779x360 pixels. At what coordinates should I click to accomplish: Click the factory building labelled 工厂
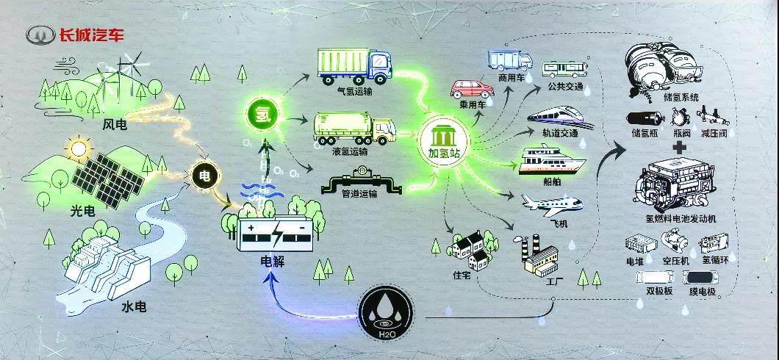(x=538, y=256)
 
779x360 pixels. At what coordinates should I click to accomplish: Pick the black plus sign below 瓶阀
(x=681, y=146)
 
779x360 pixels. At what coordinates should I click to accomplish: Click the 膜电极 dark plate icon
(x=701, y=278)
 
